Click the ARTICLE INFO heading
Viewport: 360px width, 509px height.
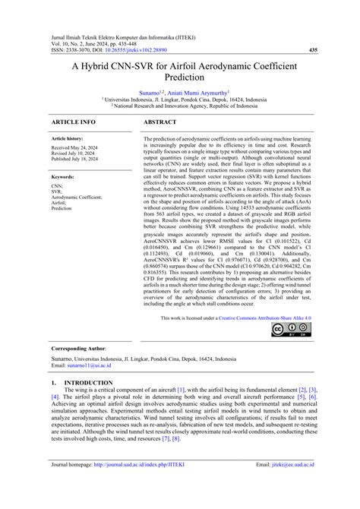click(73, 122)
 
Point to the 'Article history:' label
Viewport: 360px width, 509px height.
click(68, 140)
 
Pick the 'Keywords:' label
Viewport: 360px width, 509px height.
click(63, 175)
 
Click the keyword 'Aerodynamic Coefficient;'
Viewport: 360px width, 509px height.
click(76, 196)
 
